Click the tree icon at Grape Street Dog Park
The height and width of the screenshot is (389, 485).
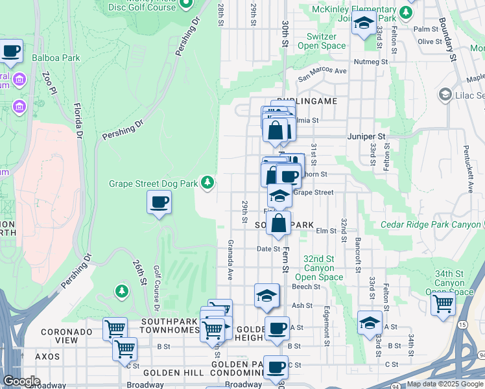207,183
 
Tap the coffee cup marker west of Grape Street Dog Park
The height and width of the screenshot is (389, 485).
160,202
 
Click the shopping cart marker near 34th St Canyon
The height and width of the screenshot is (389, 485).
443,303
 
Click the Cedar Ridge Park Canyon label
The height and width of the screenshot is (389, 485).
431,224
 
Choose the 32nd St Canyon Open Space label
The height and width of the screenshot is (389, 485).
319,268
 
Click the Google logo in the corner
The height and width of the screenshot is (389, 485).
21,381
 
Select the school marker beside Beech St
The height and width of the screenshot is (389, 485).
266,296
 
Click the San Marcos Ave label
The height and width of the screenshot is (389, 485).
322,75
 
